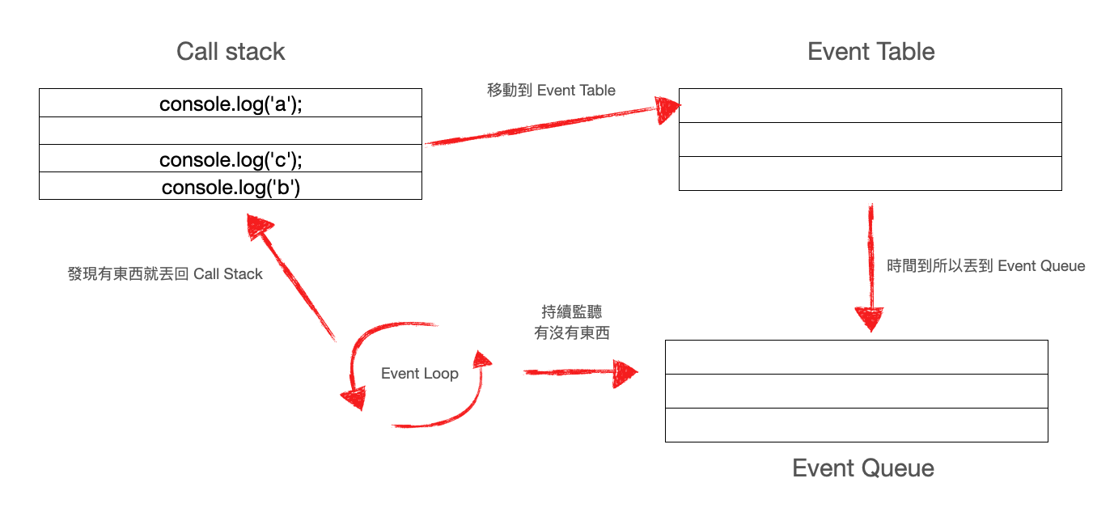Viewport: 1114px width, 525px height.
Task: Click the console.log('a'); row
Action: (x=231, y=104)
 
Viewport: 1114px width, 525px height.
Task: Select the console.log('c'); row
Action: (x=231, y=159)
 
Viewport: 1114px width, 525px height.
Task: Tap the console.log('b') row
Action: (x=231, y=187)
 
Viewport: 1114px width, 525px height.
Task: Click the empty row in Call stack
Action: (x=231, y=131)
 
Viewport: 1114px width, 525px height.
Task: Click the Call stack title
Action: (x=231, y=52)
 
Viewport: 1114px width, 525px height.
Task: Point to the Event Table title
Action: (x=870, y=52)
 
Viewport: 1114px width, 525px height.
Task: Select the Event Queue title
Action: (x=862, y=468)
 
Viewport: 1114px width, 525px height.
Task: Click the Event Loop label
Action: (x=419, y=374)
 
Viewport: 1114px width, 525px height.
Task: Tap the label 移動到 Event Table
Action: (x=551, y=90)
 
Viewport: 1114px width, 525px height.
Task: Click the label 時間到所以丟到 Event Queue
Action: (x=985, y=266)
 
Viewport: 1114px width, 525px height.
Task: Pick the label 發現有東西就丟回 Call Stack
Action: (x=165, y=274)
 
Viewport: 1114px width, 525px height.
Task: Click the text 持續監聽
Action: (x=571, y=312)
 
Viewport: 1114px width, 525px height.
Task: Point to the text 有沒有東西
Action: (x=571, y=332)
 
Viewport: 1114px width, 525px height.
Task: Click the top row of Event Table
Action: (x=870, y=106)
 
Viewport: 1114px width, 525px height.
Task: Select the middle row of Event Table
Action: (x=870, y=140)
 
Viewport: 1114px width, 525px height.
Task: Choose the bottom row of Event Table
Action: (x=870, y=173)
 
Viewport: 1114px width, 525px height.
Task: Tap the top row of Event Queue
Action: (x=856, y=358)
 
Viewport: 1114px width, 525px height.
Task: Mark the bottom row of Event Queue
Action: (x=856, y=425)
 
